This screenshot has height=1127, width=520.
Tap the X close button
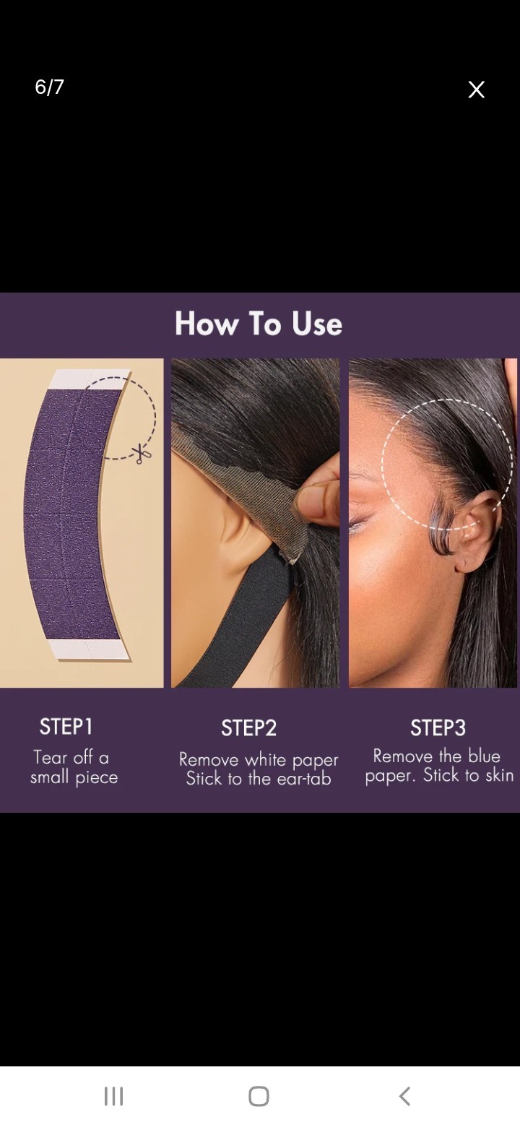pyautogui.click(x=476, y=90)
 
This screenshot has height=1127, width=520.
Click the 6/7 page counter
pyautogui.click(x=49, y=87)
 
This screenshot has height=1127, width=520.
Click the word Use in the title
pyautogui.click(x=317, y=324)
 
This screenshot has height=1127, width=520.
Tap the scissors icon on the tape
pyautogui.click(x=142, y=454)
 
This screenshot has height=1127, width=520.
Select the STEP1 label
pyautogui.click(x=66, y=727)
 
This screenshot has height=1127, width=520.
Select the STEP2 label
pyautogui.click(x=249, y=728)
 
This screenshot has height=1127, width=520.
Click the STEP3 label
pyautogui.click(x=438, y=727)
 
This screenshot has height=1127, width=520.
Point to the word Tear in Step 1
pyautogui.click(x=51, y=757)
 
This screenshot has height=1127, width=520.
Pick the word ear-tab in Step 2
pyautogui.click(x=304, y=779)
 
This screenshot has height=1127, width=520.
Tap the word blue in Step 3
pyautogui.click(x=484, y=756)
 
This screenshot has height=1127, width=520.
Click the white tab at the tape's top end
pyautogui.click(x=90, y=379)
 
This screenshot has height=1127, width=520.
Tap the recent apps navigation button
pyautogui.click(x=113, y=1096)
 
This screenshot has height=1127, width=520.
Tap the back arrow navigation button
pyautogui.click(x=404, y=1096)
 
